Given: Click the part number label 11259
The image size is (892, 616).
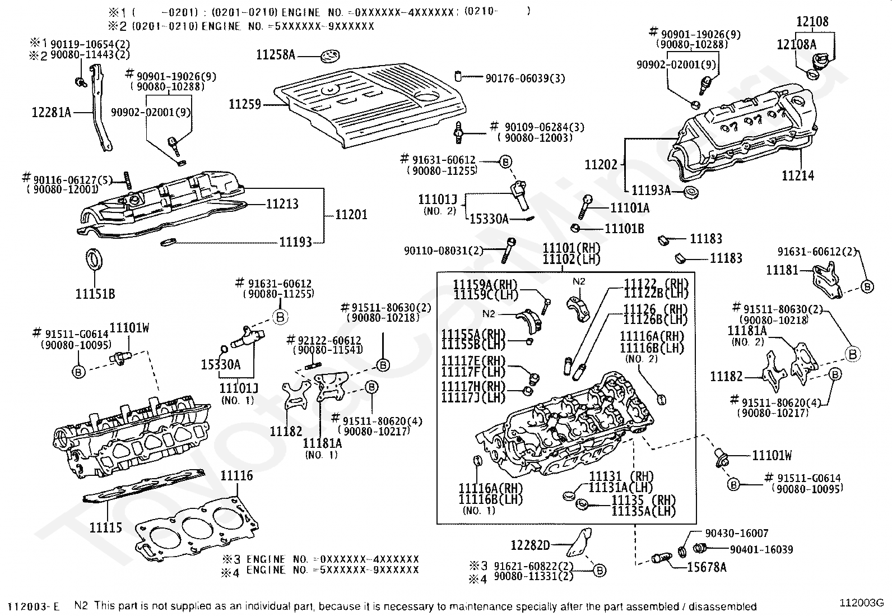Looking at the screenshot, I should pos(244,104).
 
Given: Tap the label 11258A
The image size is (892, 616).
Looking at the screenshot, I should pos(275,55).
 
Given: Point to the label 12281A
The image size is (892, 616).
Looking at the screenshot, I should pos(52,113).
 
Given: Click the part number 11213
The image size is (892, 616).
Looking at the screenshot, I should pos(282,204).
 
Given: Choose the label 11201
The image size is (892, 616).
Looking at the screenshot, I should pos(351,215).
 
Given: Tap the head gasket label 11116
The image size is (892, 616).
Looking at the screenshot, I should pos(236,476).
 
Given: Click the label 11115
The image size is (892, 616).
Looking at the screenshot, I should pos(106,527).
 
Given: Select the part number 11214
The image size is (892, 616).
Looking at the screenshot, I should pos(798,176).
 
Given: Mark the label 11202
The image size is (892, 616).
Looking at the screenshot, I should pos(601,165).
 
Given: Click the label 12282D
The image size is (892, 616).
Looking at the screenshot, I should pos(531,545).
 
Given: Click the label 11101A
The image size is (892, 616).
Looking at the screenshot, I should pos(630,208).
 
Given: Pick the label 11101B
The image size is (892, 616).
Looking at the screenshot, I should pos(624,229).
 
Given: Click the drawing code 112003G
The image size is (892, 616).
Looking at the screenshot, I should pos(861,603).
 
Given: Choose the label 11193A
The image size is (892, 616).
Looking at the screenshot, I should pos(651,191).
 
